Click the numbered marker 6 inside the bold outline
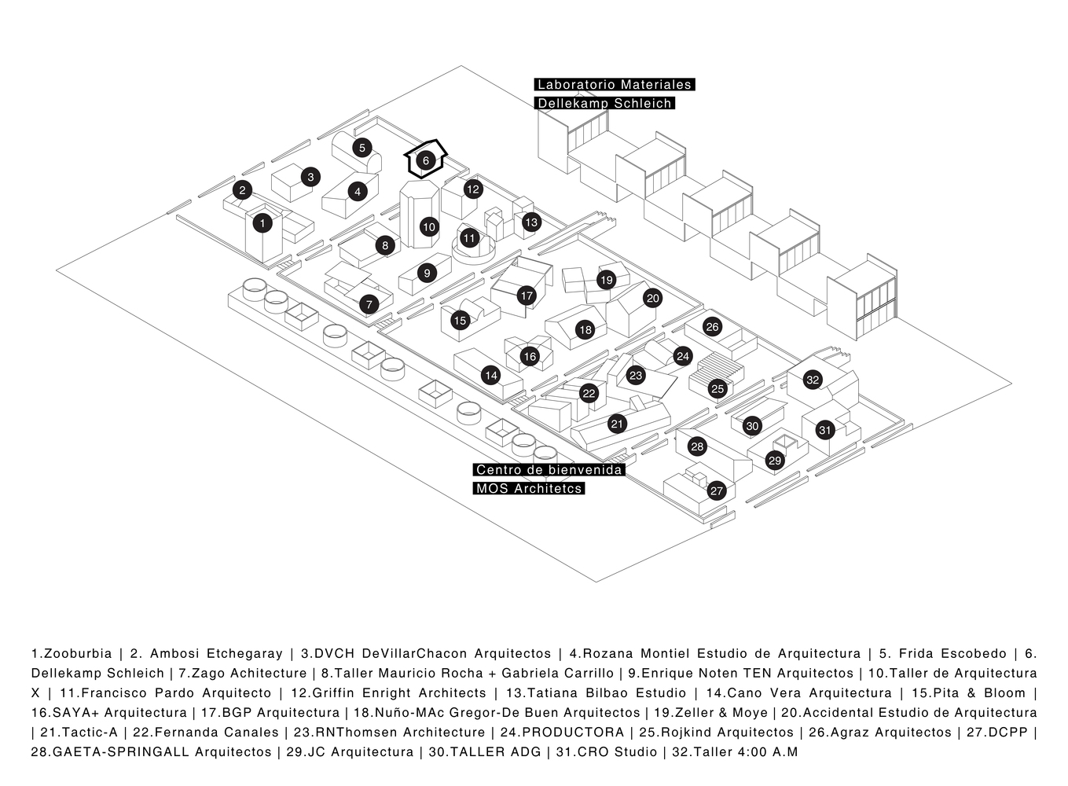click(x=425, y=160)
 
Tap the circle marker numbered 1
click(x=262, y=223)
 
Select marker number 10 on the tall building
click(x=428, y=227)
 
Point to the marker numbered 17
click(x=527, y=296)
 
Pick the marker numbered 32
click(x=813, y=380)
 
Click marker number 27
click(x=716, y=491)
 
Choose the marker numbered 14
click(x=491, y=375)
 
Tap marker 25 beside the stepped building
click(x=717, y=388)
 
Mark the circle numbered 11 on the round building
click(x=469, y=237)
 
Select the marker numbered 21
click(x=617, y=424)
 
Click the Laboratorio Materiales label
click(x=614, y=85)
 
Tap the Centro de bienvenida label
click(x=549, y=470)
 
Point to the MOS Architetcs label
click(x=529, y=489)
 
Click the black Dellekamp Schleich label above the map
click(x=604, y=104)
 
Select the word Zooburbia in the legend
click(x=78, y=654)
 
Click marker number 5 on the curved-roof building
click(x=362, y=147)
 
